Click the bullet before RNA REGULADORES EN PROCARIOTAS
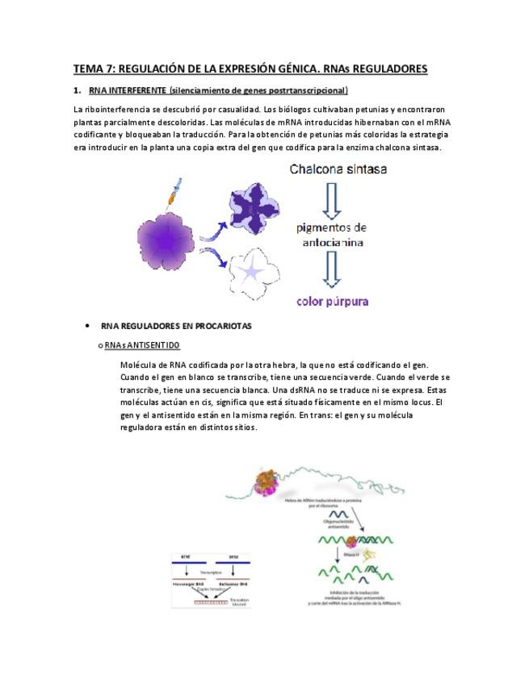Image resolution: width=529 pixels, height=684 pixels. [86, 326]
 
